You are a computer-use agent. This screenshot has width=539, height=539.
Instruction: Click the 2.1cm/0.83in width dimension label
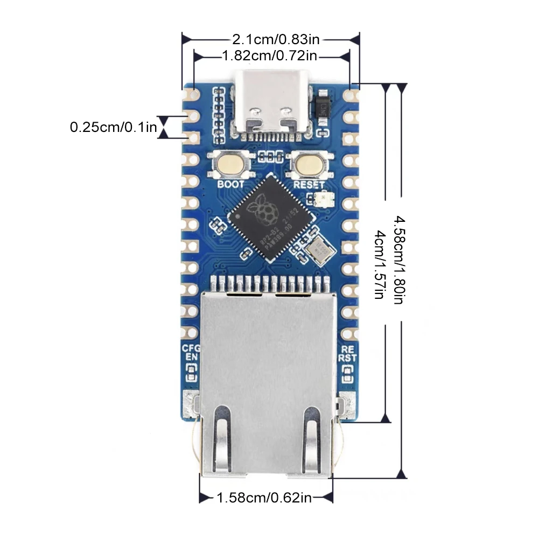(276, 39)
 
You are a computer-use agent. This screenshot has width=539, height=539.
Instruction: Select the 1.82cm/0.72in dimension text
(269, 55)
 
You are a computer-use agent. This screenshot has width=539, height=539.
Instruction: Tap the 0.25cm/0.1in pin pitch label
(113, 128)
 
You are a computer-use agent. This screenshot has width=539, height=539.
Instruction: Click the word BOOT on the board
(230, 184)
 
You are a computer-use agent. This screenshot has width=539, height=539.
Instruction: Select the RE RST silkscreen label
(347, 352)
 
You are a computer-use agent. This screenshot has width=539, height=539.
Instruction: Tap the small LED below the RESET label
(318, 199)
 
